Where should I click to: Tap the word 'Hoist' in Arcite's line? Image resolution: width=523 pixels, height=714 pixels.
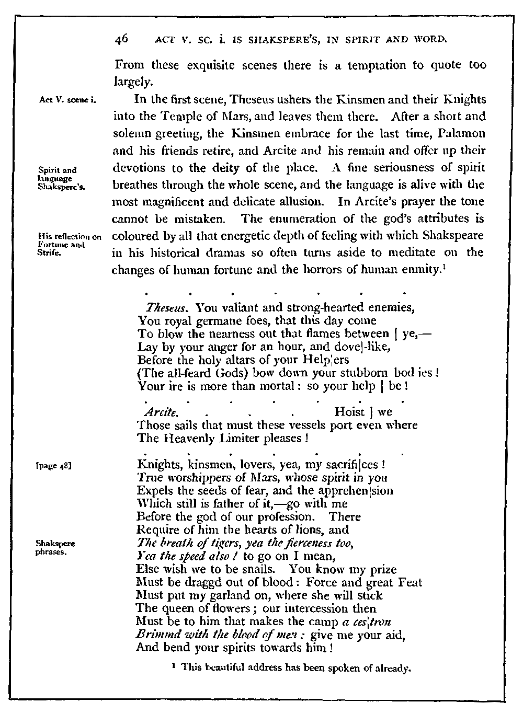point(349,412)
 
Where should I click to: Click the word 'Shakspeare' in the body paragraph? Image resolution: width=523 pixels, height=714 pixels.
point(453,236)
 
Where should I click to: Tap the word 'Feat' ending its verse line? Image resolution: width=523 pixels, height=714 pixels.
point(412,582)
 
